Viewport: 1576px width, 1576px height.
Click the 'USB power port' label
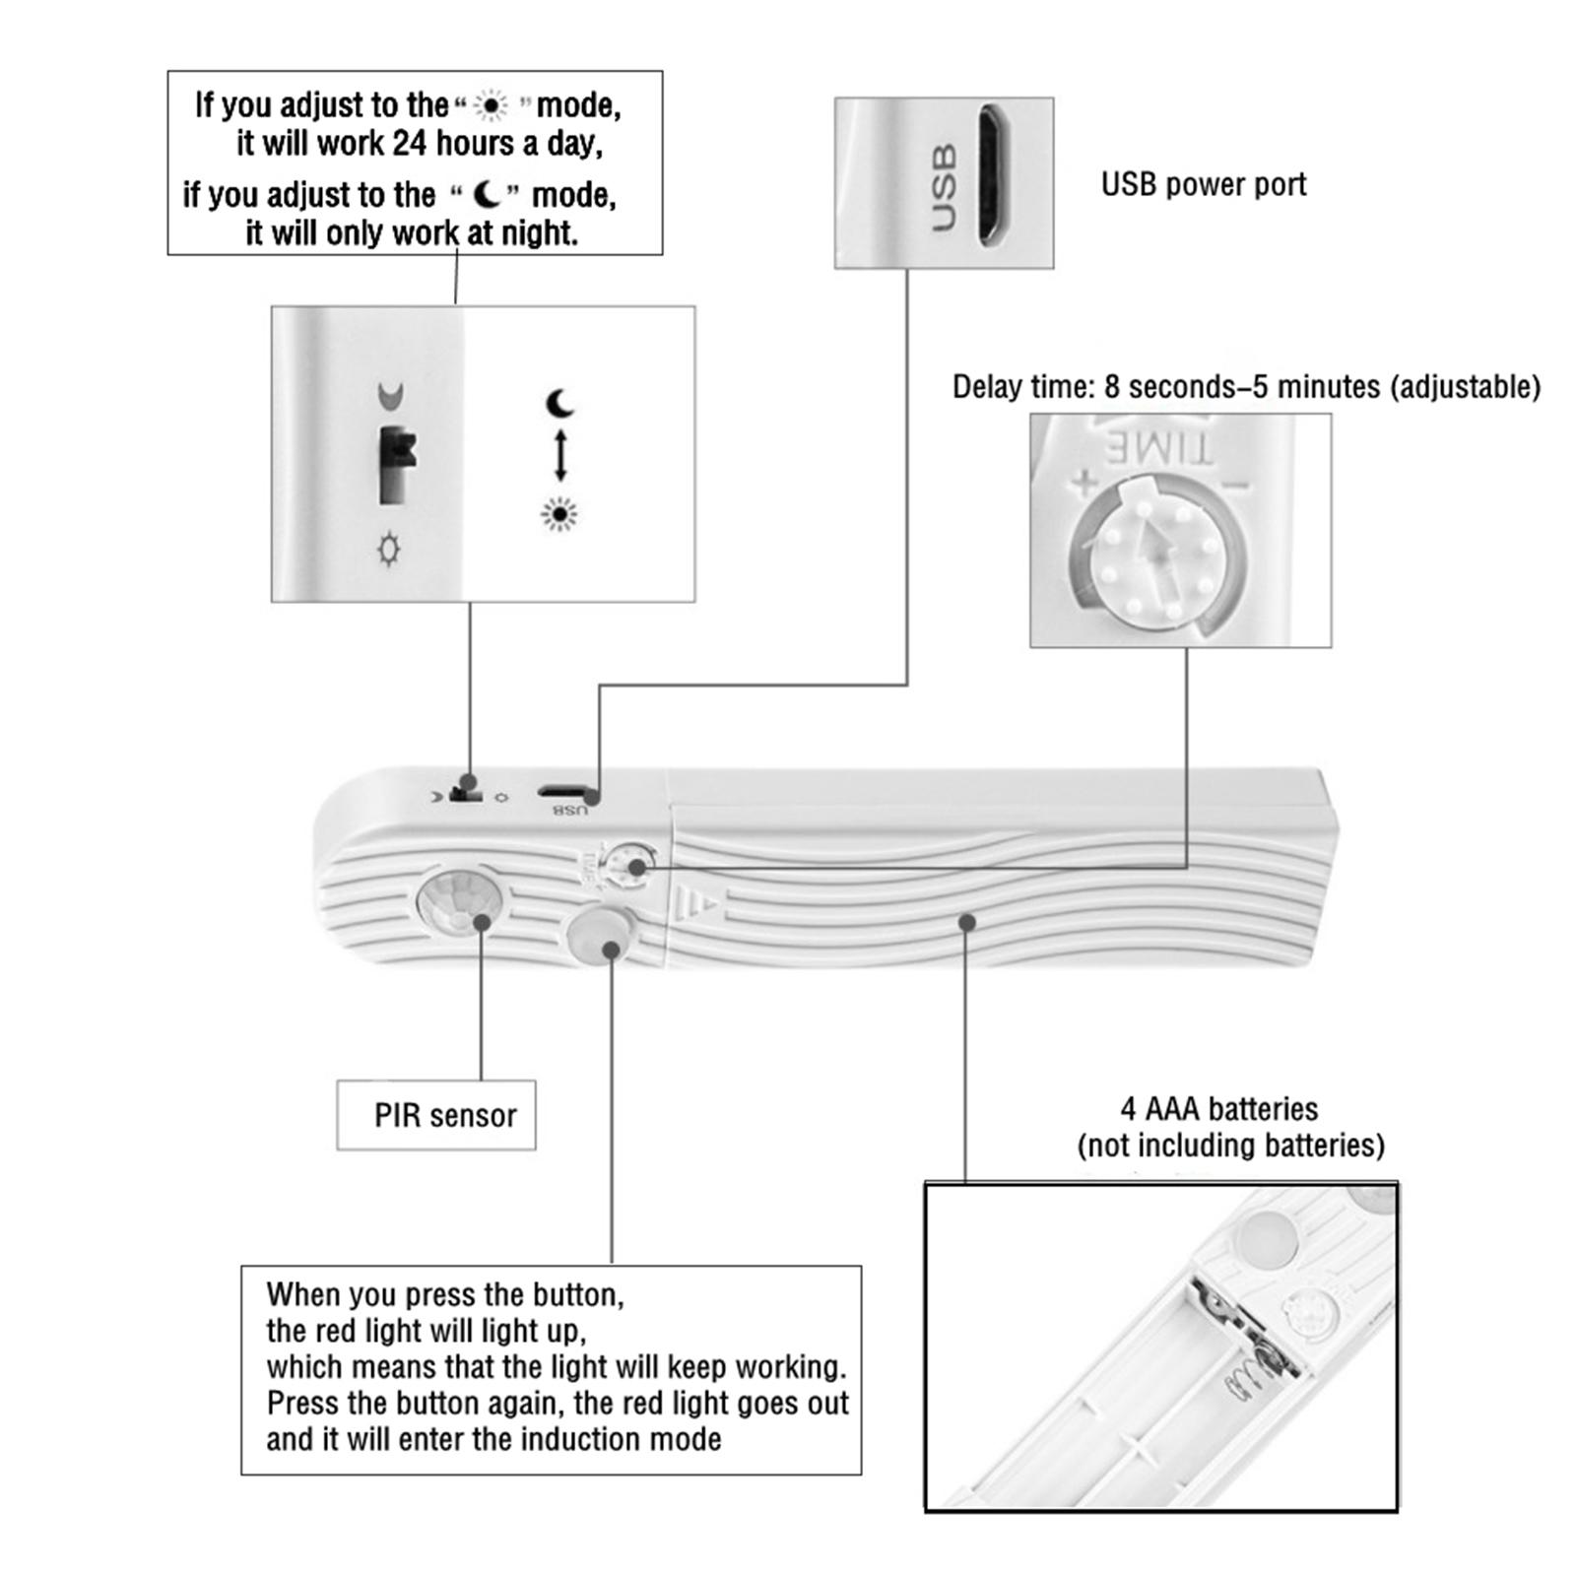[1203, 185]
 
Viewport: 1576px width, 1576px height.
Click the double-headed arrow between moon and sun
[560, 456]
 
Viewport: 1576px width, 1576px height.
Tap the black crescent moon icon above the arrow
[560, 403]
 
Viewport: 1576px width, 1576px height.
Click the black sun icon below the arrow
[559, 514]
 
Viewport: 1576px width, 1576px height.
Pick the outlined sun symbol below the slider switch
[390, 549]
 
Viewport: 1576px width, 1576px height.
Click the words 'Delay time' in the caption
[1020, 387]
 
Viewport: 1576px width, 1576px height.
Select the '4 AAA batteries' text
[1218, 1109]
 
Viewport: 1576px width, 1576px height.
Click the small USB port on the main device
[563, 791]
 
